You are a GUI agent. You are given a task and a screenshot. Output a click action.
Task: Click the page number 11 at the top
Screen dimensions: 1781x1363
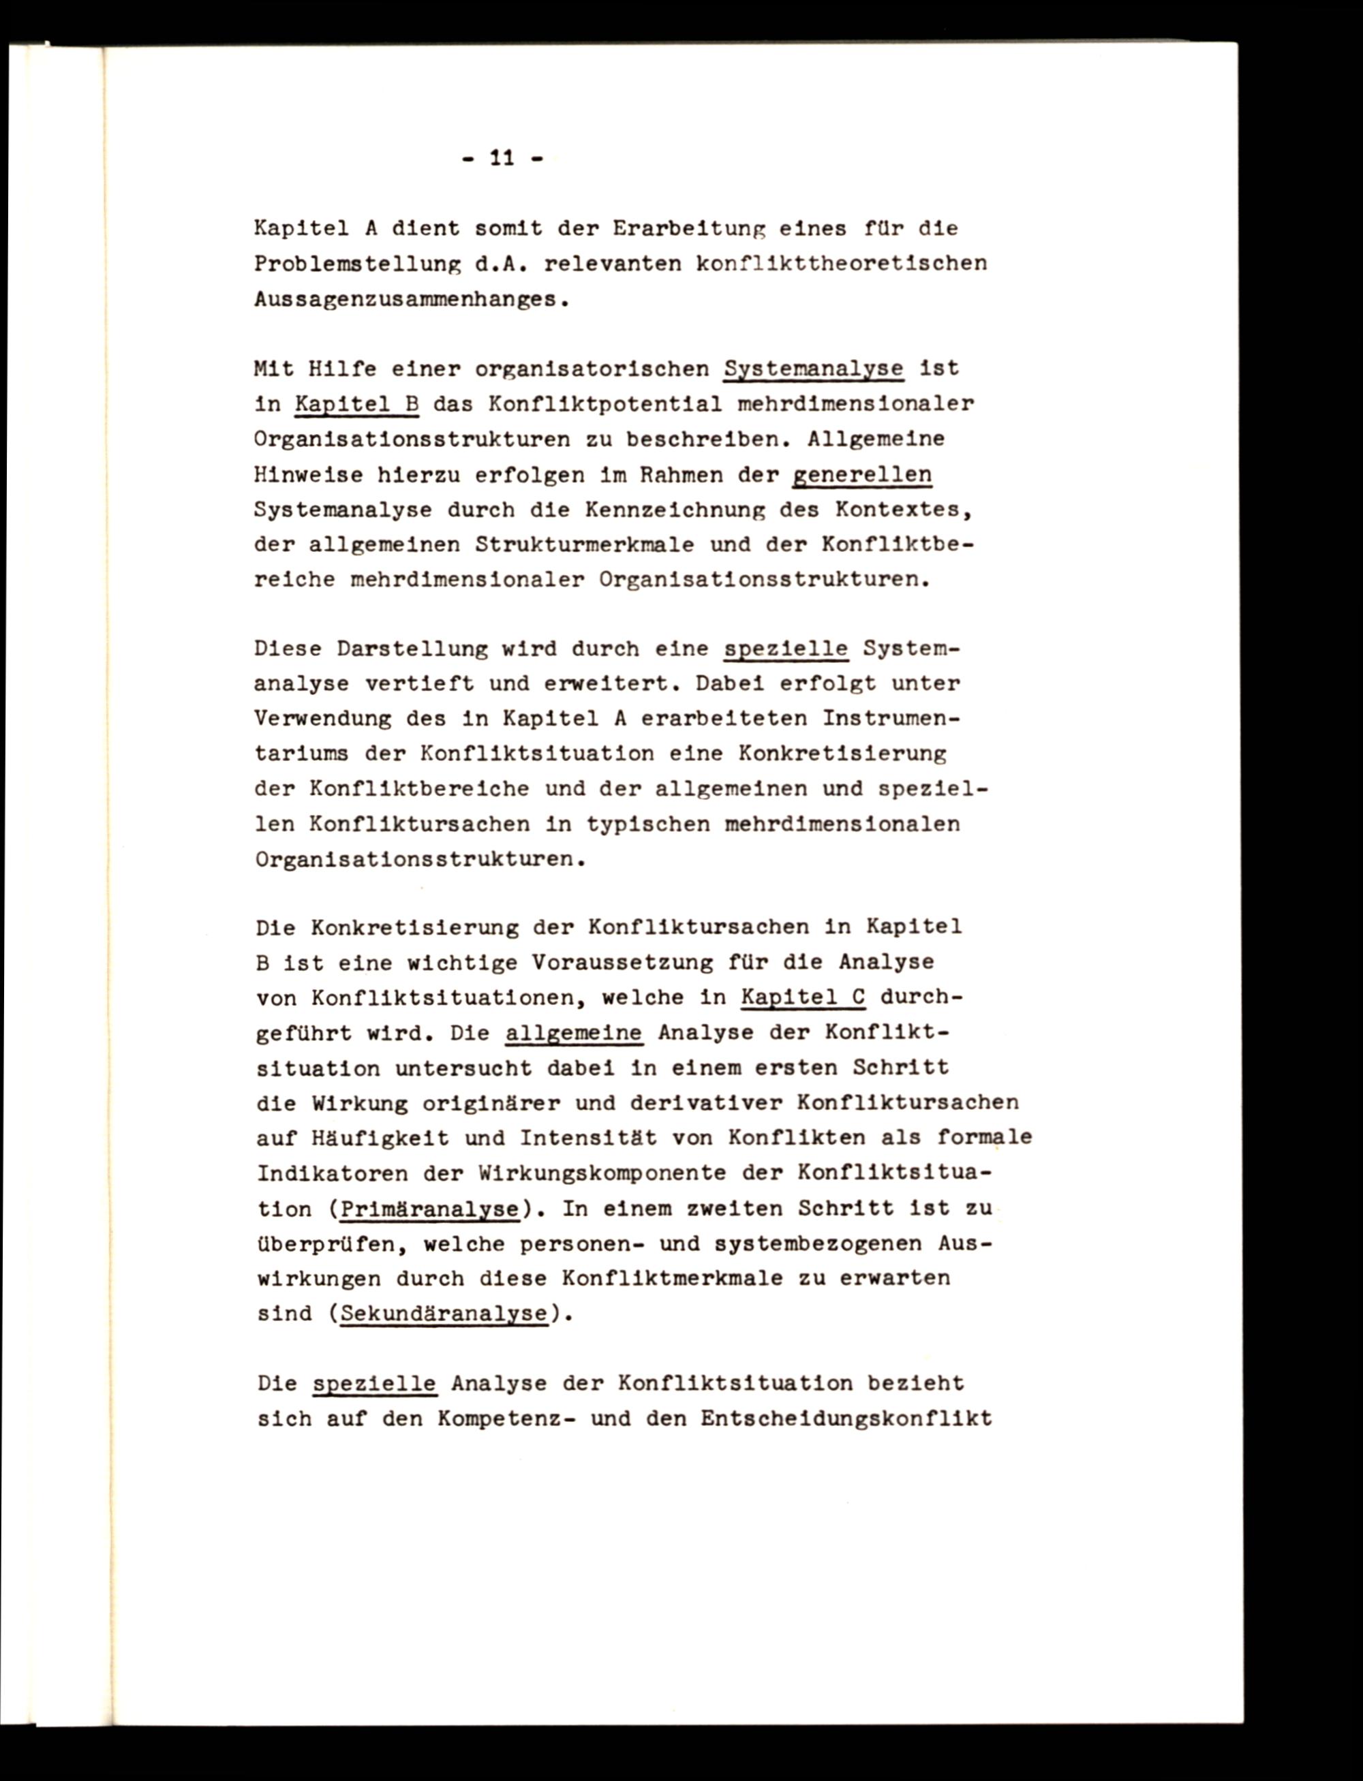click(x=502, y=157)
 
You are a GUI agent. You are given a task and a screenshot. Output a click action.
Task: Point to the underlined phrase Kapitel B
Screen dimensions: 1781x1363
click(x=356, y=404)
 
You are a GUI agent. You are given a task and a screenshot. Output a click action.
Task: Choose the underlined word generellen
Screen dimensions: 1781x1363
click(x=861, y=474)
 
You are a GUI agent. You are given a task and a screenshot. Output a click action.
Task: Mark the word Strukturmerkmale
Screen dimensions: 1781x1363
click(x=584, y=544)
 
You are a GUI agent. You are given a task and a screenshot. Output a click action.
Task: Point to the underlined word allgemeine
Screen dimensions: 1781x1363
click(x=574, y=1034)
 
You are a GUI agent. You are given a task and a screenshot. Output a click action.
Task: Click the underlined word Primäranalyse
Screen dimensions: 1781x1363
click(x=430, y=1209)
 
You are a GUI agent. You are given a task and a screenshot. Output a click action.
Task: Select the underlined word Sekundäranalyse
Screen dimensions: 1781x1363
click(x=444, y=1314)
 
